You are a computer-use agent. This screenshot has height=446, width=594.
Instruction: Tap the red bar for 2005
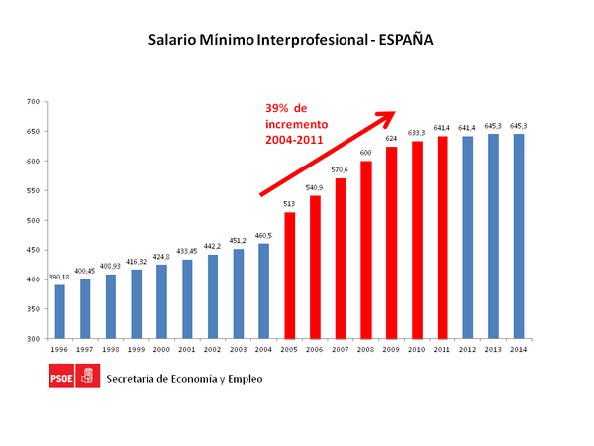tap(290, 275)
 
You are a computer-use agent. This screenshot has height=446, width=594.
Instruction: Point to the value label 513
tap(290, 204)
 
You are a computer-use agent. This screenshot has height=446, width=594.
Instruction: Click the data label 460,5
tap(264, 235)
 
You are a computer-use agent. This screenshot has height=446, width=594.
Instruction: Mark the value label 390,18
tap(59, 277)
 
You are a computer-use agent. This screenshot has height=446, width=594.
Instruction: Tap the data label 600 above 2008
tap(366, 153)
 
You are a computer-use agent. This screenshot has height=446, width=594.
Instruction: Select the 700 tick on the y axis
tap(33, 102)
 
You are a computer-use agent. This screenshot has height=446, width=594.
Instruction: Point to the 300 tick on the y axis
tap(33, 339)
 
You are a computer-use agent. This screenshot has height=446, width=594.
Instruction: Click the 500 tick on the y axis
tap(33, 220)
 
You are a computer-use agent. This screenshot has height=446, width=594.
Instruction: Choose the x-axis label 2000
tap(162, 348)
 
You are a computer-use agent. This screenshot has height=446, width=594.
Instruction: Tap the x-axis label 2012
tap(467, 348)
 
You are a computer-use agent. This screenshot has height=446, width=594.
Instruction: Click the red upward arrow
tap(327, 153)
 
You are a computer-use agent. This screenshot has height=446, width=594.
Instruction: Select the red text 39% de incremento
tap(303, 125)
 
